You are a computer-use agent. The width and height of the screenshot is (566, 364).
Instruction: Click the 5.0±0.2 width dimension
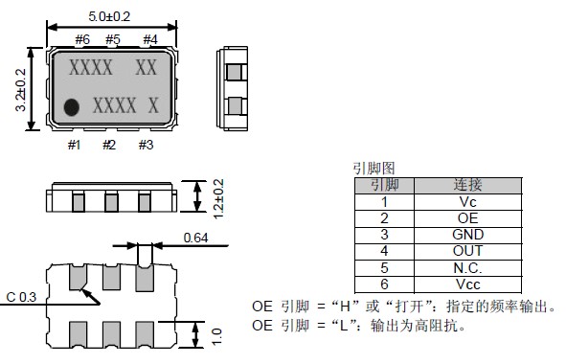click(x=109, y=16)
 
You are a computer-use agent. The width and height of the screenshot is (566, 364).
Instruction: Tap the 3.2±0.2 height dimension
click(x=20, y=90)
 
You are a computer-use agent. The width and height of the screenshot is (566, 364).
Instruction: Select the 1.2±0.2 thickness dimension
click(x=218, y=199)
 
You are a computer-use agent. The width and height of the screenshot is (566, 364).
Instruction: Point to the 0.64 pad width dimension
click(x=195, y=238)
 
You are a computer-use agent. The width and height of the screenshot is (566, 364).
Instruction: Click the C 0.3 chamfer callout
click(x=21, y=297)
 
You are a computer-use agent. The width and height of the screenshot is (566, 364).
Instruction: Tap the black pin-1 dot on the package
click(x=72, y=107)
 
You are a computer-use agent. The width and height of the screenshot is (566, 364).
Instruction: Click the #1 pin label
click(x=75, y=145)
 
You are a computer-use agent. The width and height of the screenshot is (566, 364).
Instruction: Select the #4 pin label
click(x=150, y=39)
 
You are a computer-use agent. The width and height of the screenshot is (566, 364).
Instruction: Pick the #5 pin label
click(x=113, y=39)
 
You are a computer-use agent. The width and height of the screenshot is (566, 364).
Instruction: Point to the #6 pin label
click(x=82, y=39)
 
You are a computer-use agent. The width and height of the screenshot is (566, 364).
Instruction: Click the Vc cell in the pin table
click(x=467, y=202)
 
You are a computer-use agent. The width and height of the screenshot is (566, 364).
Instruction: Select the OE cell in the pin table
click(x=467, y=218)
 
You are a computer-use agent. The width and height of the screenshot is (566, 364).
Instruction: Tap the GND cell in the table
click(x=467, y=235)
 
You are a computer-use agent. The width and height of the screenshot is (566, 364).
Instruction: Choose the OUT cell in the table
click(x=467, y=251)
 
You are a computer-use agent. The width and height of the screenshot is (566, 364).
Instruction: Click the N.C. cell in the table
click(x=467, y=268)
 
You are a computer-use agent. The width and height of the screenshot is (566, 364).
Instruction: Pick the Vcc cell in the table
click(x=467, y=284)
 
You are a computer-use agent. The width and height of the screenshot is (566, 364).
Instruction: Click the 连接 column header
click(x=467, y=185)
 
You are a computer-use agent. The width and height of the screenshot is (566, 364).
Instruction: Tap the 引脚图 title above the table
click(x=374, y=169)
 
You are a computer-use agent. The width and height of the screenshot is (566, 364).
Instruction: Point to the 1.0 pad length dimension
click(x=216, y=336)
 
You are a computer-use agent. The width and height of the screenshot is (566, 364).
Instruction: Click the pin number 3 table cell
click(x=384, y=235)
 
